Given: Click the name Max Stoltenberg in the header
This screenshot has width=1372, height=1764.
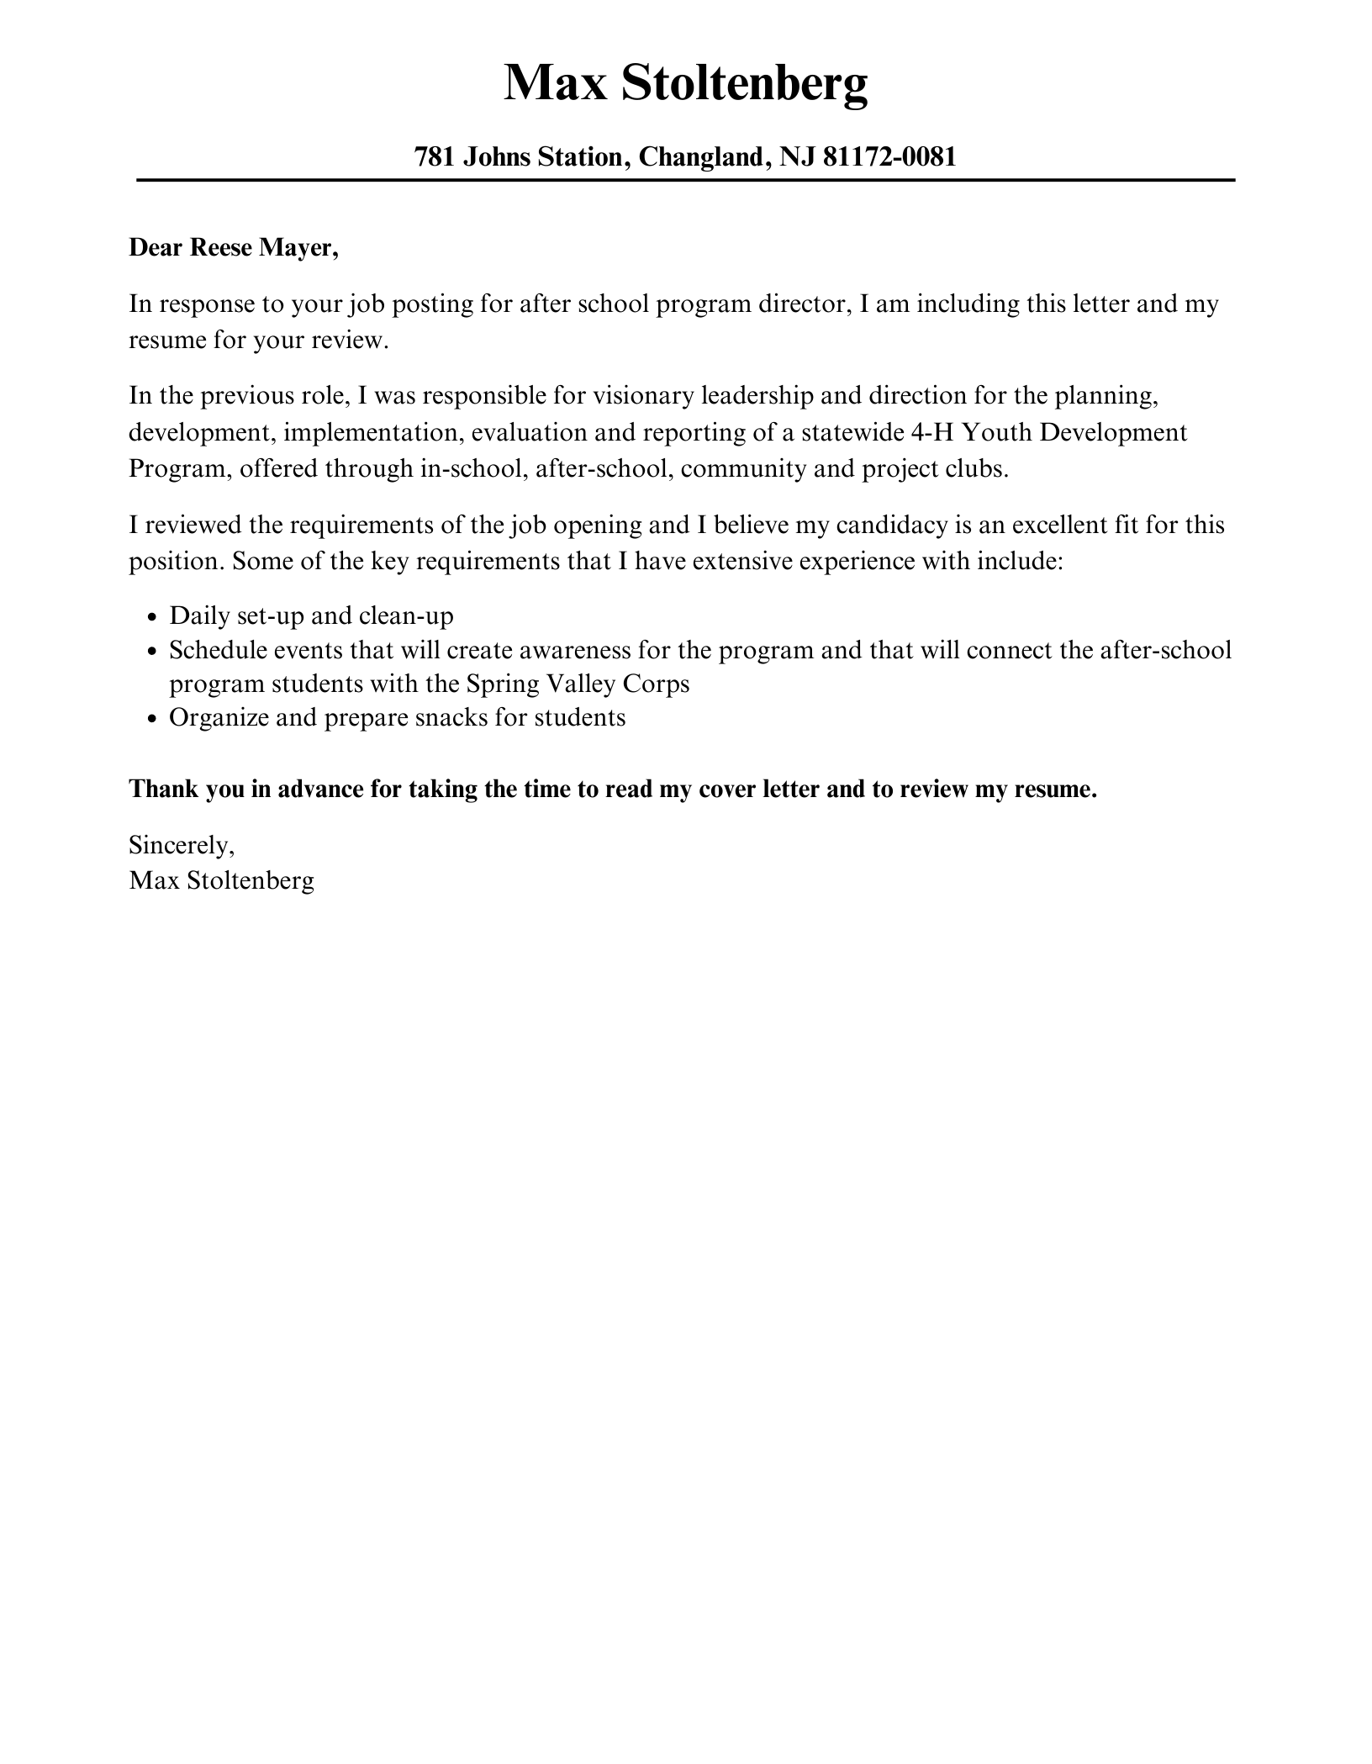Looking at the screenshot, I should tap(685, 83).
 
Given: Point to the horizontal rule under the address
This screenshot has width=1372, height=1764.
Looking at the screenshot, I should tap(685, 180).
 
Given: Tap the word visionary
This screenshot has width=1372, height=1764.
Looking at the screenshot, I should tap(642, 395).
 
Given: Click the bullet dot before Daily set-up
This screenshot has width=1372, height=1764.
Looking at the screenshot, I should tap(151, 617).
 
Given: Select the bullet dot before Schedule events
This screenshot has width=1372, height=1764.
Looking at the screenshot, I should tap(151, 652).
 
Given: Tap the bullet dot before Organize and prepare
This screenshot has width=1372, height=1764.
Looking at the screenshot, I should tap(151, 719).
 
